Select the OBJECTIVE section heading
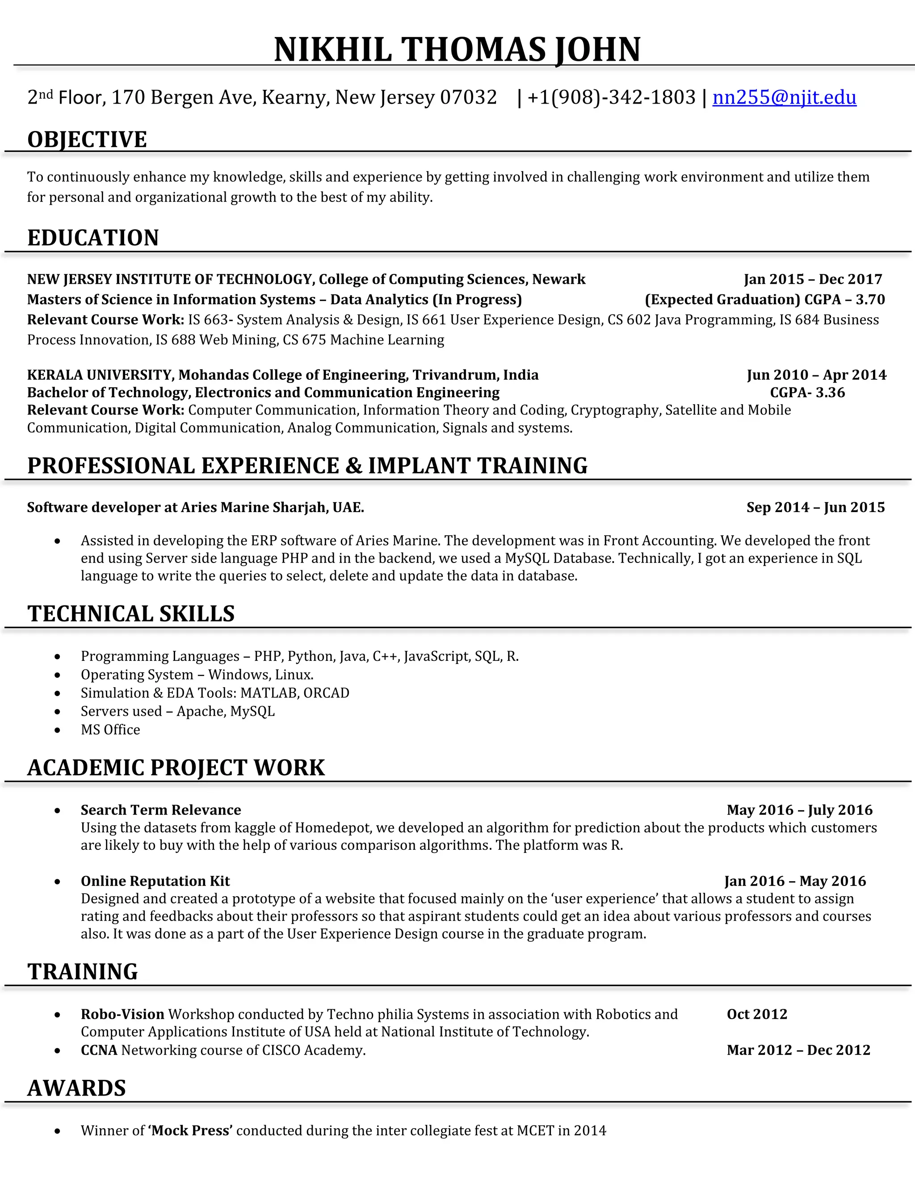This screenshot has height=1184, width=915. tap(87, 139)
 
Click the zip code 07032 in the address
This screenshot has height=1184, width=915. tap(468, 97)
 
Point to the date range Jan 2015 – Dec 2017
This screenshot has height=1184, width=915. tap(813, 279)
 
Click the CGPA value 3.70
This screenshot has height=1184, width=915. tap(870, 300)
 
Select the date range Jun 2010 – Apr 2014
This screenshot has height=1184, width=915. tap(816, 375)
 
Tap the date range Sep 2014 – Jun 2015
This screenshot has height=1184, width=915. tap(815, 508)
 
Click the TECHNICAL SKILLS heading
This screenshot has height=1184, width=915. tap(131, 614)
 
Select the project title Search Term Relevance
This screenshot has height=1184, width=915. tap(161, 810)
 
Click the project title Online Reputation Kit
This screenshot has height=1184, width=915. tap(155, 881)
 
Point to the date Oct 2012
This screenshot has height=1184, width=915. tap(757, 1014)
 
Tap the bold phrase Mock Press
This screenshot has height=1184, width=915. tap(190, 1130)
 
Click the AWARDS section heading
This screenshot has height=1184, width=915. tap(76, 1088)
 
